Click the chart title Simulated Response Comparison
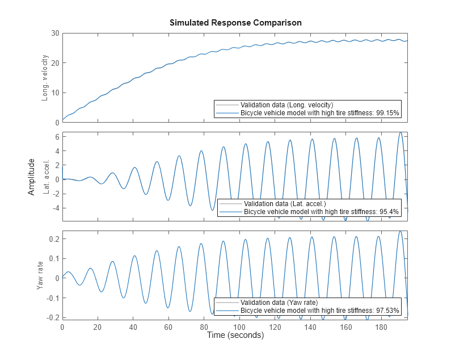(x=235, y=23)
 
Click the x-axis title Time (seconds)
(x=235, y=336)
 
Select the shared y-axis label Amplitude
(x=31, y=177)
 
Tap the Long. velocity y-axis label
(x=45, y=78)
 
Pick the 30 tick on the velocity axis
(x=55, y=33)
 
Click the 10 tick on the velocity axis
(x=55, y=93)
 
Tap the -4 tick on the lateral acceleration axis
(x=55, y=208)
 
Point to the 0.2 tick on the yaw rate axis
(x=54, y=239)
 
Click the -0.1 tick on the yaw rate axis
(x=53, y=298)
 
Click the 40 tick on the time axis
(x=133, y=328)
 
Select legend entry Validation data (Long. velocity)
(x=286, y=105)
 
